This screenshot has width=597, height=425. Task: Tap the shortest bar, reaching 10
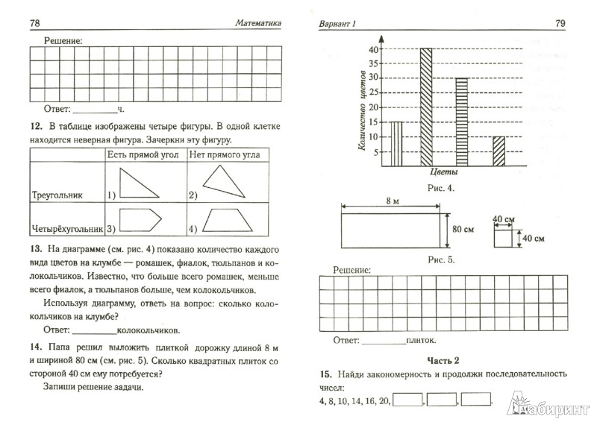click(498, 152)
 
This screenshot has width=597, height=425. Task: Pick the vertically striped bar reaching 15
click(397, 145)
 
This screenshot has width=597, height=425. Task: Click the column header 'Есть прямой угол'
click(145, 154)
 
